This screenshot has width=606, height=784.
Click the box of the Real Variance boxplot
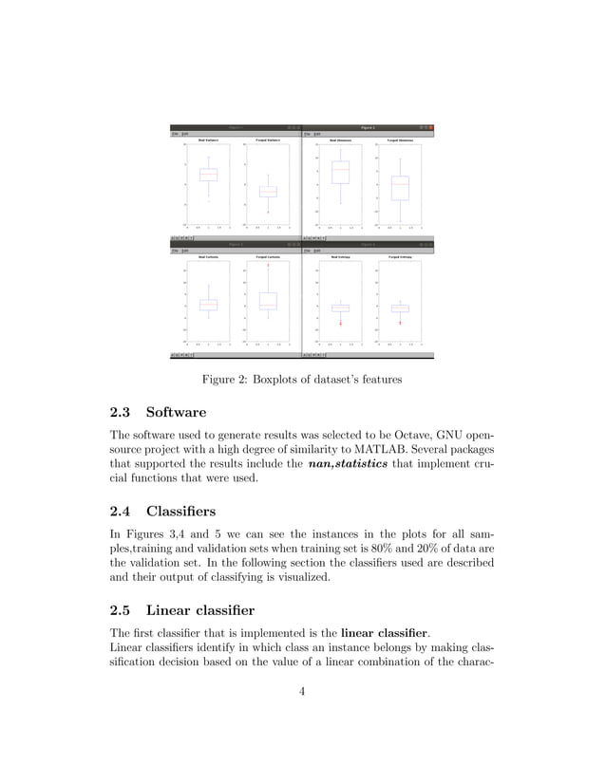[208, 175]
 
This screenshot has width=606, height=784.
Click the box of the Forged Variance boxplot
[268, 191]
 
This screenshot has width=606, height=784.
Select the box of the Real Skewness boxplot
[340, 172]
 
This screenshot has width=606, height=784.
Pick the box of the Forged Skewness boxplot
[400, 188]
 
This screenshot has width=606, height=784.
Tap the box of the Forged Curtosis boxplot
[268, 301]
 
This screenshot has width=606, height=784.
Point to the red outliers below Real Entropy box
[340, 322]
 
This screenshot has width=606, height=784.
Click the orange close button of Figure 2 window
[430, 127]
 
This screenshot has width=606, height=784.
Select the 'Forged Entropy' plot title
[400, 257]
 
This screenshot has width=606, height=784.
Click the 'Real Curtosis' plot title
[208, 257]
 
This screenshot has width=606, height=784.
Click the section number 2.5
[123, 608]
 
